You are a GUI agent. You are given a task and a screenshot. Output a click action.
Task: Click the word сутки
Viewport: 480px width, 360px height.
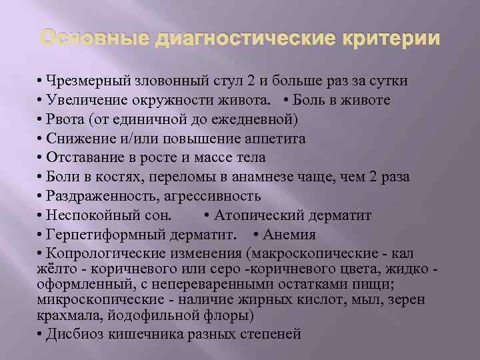[x=389, y=81]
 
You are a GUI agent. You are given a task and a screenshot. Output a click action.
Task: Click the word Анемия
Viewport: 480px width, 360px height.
[x=289, y=235]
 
